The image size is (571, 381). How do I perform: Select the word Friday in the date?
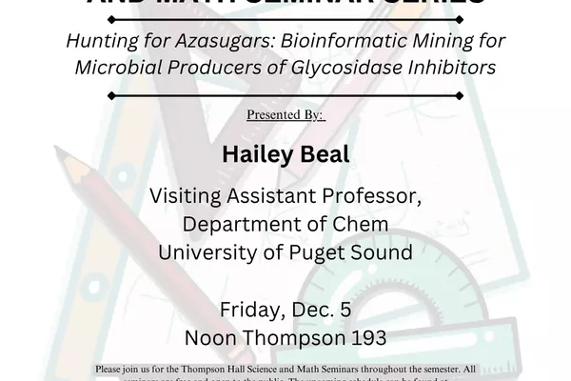click(245, 311)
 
